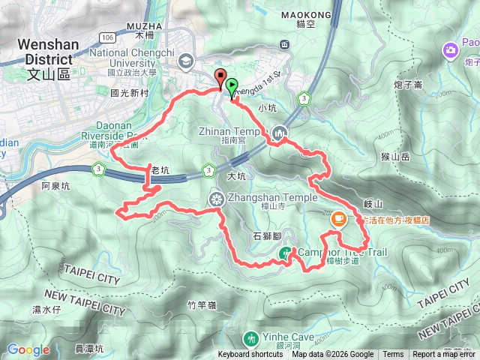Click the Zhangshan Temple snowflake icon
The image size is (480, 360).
pyautogui.click(x=216, y=199)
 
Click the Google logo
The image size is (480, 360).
pyautogui.click(x=28, y=349)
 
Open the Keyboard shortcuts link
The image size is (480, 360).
pyautogui.click(x=250, y=355)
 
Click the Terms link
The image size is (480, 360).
pyautogui.click(x=393, y=355)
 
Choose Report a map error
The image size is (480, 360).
pyautogui.click(x=445, y=355)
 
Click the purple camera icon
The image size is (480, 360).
pyautogui.click(x=451, y=50)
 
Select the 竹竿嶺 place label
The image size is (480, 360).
pyautogui.click(x=202, y=304)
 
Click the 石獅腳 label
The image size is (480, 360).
pyautogui.click(x=267, y=235)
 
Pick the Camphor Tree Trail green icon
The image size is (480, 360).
pyautogui.click(x=285, y=255)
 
